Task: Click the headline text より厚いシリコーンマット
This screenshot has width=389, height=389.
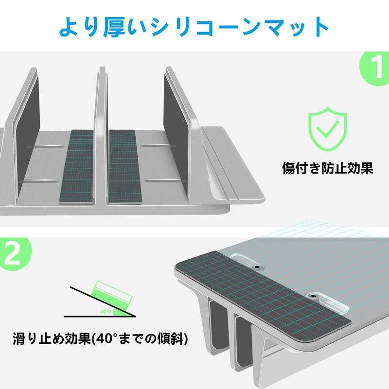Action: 194,26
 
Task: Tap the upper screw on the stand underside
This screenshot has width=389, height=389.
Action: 256,267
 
